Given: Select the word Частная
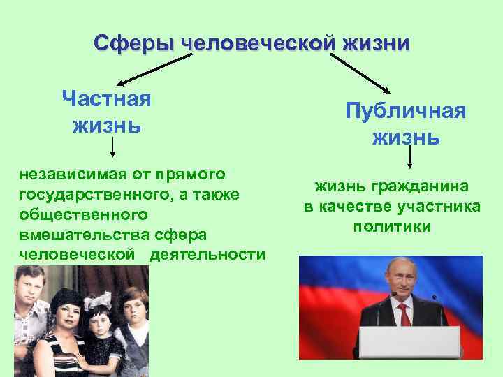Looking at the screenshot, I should tap(106, 98).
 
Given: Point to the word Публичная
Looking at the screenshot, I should tap(406, 111).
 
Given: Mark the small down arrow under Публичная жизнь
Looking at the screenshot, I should tap(409, 158).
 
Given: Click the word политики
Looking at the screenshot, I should tap(392, 227).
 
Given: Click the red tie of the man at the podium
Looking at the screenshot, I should tap(403, 313).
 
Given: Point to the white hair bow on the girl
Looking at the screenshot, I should tap(97, 300).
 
